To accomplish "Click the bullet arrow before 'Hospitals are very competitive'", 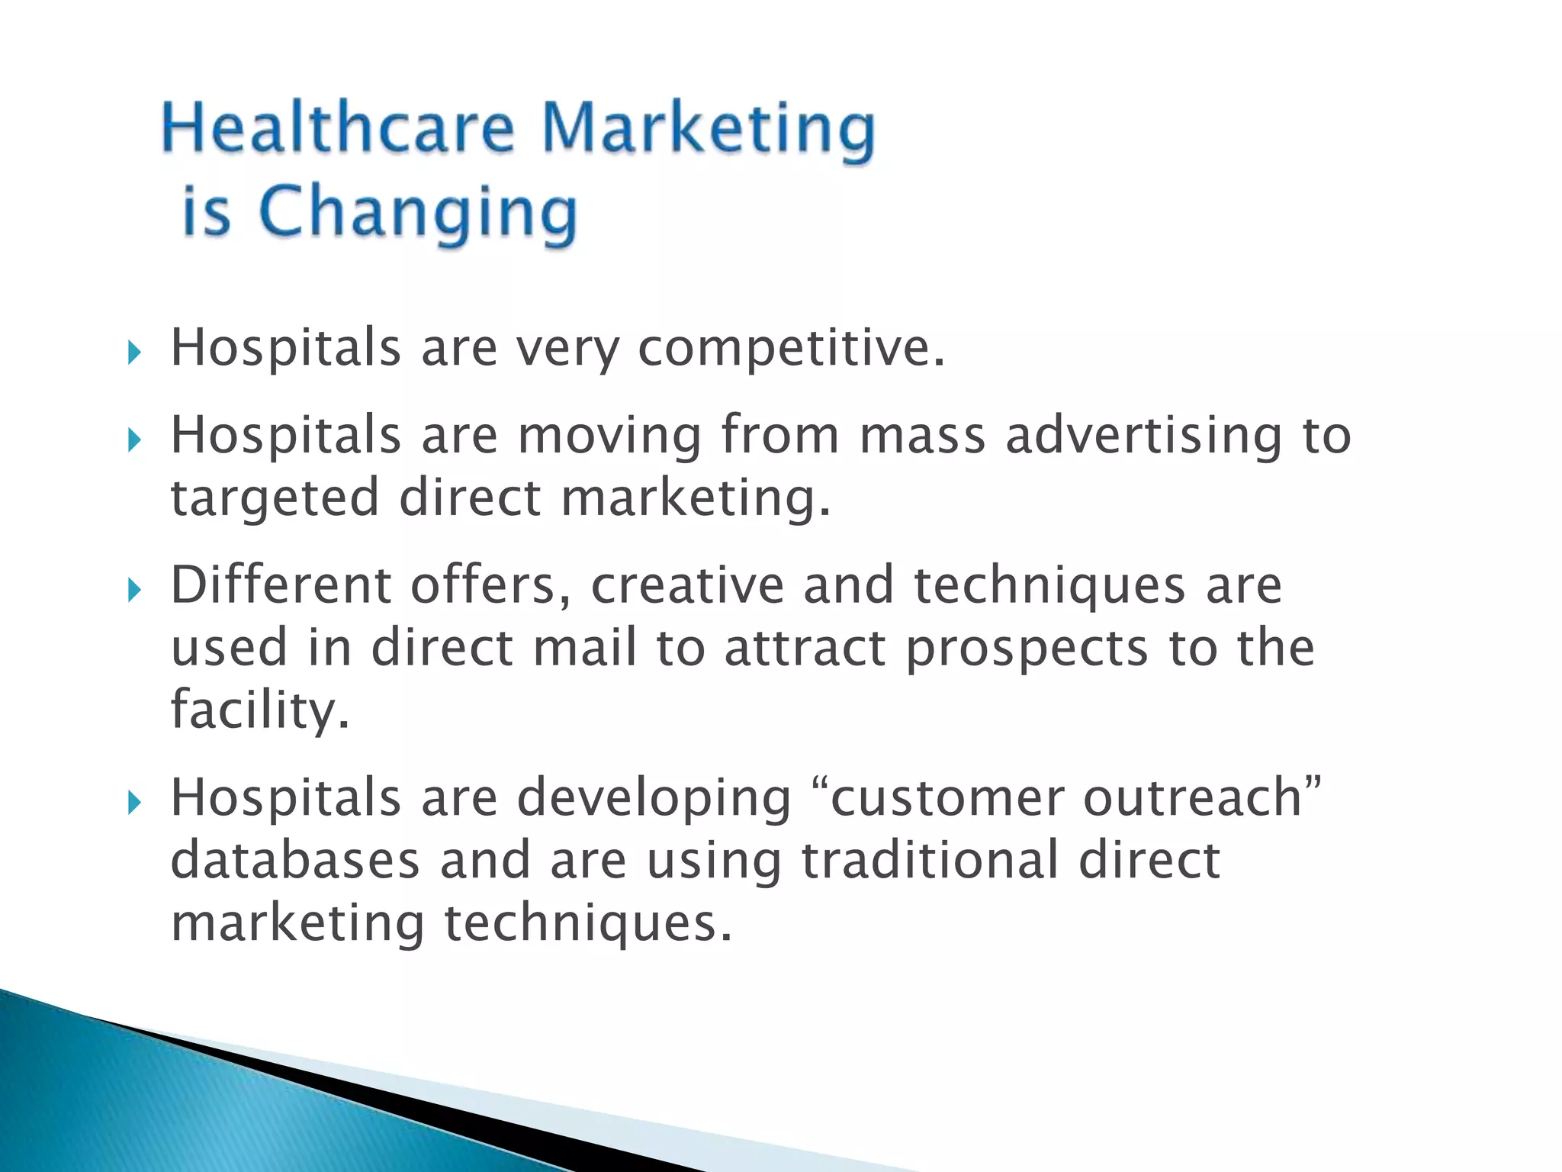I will tap(134, 353).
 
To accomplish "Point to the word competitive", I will tap(791, 349).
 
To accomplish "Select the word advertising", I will tap(1144, 436).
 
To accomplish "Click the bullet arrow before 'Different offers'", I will tap(134, 590).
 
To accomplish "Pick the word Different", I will tap(280, 585).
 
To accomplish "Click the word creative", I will tap(687, 585).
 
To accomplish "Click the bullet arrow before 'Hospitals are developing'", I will tap(134, 803).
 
